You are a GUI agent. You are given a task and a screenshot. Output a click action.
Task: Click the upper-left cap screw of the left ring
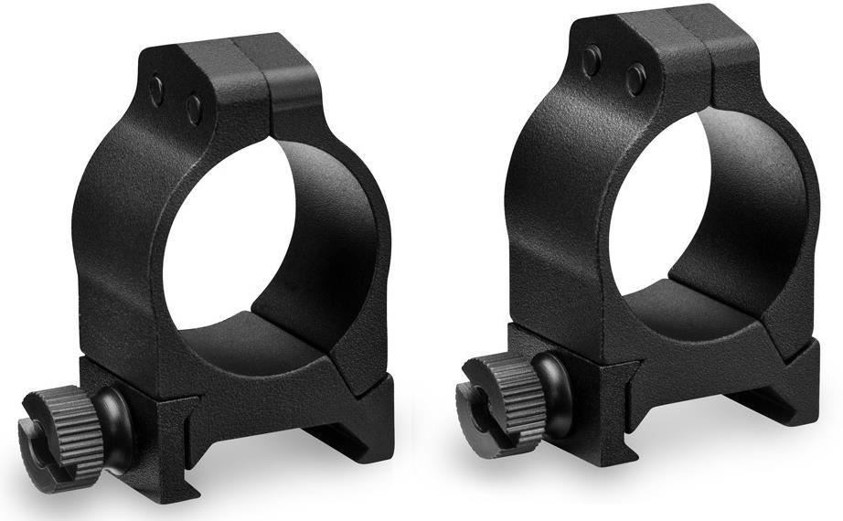157,89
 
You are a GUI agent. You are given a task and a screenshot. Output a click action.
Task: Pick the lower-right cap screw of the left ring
194,111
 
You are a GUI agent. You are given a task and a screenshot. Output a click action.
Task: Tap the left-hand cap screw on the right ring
592,60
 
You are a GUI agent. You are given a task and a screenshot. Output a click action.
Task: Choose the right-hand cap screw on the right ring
635,80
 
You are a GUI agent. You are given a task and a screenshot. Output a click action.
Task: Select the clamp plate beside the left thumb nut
155,411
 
